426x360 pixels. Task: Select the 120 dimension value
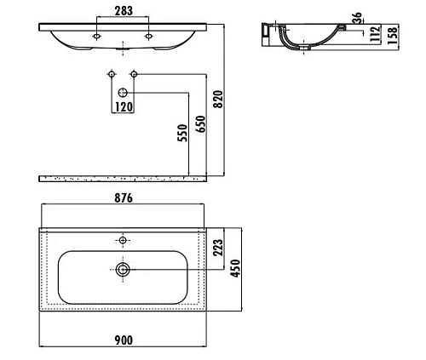[x=124, y=108]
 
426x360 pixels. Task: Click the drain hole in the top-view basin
[x=124, y=271]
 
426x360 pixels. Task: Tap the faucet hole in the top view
[x=124, y=241]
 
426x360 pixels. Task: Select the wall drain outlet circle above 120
[x=124, y=91]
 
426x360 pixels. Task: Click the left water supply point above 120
[x=111, y=77]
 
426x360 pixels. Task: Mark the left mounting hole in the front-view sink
[x=98, y=36]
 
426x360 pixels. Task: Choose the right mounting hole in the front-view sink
[x=149, y=36]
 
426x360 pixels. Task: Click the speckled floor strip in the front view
[x=124, y=179]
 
